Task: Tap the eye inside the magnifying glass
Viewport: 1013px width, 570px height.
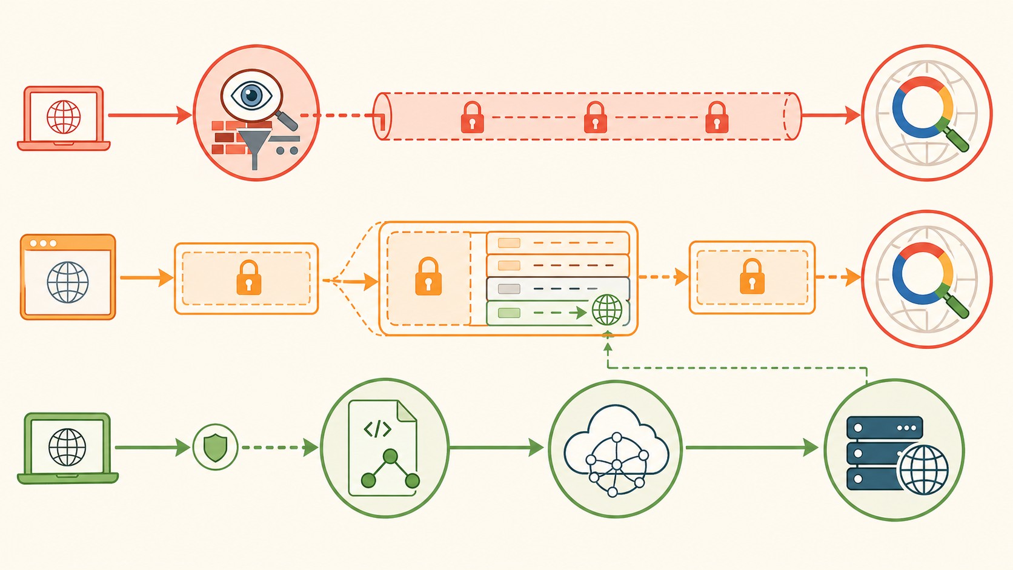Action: point(251,96)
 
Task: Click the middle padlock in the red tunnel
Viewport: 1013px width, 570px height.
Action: point(595,118)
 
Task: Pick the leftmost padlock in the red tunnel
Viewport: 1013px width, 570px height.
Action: point(472,118)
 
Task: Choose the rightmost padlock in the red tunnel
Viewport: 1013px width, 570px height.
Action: point(717,118)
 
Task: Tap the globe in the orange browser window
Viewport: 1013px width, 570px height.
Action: point(68,282)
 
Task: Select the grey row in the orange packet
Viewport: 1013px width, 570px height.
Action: point(557,289)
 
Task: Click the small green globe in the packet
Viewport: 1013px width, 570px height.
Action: point(607,310)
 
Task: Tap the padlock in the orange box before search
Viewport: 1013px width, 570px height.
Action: point(752,277)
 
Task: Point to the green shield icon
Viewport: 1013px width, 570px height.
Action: point(215,448)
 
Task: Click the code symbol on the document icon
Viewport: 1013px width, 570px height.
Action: point(377,429)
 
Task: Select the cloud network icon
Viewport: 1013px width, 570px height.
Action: point(616,451)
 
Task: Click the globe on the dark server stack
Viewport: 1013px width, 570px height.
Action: point(923,470)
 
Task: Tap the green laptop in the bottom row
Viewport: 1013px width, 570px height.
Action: point(67,448)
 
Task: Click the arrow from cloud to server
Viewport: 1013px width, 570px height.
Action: point(751,448)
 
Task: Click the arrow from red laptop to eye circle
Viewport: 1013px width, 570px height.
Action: point(149,115)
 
